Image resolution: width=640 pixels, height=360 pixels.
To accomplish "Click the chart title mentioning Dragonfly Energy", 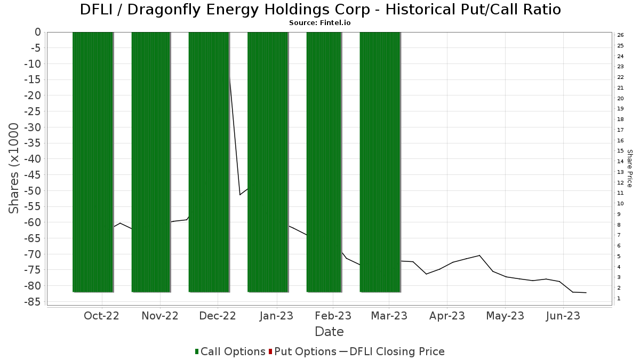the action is point(321,10).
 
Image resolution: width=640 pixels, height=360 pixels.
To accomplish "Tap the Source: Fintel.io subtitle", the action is point(319,23).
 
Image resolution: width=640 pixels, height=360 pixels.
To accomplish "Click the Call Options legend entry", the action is point(230,351).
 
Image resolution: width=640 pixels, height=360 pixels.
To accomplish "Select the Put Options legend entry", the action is point(302,351).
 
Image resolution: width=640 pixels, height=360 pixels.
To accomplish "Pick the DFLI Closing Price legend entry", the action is point(391,351).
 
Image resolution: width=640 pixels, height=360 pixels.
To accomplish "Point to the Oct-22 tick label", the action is point(101,316).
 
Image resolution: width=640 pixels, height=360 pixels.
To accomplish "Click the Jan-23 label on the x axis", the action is point(276,316).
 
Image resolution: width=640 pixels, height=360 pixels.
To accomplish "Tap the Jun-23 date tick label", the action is point(563,316).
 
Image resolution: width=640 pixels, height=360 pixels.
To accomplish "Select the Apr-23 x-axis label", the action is point(447,316).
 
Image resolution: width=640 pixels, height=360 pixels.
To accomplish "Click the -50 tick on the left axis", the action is point(33,190).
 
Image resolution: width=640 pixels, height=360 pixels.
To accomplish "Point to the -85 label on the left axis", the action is point(33,302).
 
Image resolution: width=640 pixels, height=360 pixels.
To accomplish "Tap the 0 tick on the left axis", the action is point(38,33).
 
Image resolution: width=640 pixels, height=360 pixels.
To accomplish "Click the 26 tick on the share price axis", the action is point(620,35).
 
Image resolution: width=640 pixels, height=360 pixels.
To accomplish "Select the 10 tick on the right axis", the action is point(620,204).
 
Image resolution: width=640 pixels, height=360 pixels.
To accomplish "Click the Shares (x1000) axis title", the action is point(13,169).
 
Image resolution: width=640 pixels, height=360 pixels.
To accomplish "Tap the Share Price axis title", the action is point(629,169).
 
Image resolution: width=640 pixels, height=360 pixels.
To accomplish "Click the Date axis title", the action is point(329,332).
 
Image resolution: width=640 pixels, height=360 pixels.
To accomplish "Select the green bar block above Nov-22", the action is point(151,162).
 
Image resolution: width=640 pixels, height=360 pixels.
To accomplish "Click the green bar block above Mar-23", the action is point(380,162).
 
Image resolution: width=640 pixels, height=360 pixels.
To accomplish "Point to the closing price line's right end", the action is point(586,293).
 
